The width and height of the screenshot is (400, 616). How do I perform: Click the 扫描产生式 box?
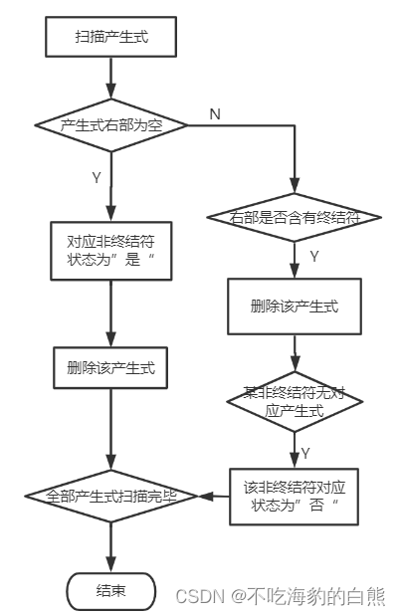click(111, 39)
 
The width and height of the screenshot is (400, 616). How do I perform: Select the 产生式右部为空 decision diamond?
click(111, 124)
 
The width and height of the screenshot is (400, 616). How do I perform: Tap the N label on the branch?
click(215, 113)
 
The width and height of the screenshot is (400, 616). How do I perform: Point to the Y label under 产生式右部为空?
click(97, 177)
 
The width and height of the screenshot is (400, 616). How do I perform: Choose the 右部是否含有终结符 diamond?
click(295, 217)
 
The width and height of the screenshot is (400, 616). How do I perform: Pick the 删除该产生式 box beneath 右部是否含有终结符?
click(295, 306)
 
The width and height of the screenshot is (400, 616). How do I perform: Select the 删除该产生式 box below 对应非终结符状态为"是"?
click(111, 367)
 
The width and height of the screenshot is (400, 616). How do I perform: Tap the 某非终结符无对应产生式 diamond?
click(295, 400)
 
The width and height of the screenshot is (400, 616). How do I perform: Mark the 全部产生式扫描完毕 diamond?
click(111, 495)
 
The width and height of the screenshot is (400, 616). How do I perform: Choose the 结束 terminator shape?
click(111, 590)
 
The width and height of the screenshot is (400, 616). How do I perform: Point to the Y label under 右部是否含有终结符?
click(313, 257)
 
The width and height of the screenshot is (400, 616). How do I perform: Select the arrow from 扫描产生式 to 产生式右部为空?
click(111, 78)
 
